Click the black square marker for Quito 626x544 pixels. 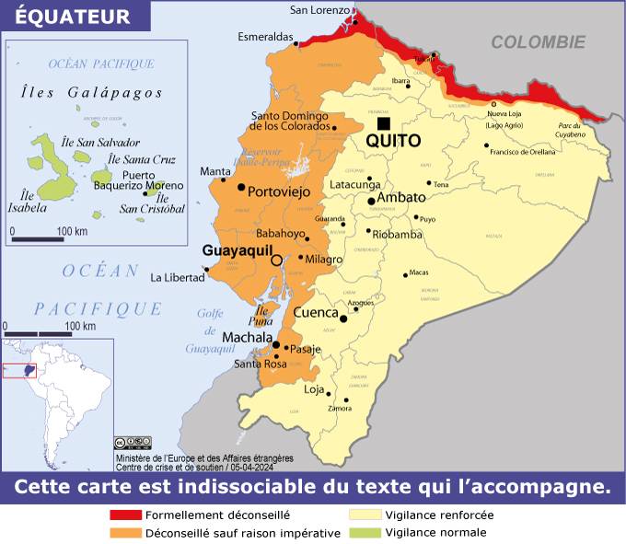[383, 124]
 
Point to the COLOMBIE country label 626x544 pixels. [538, 41]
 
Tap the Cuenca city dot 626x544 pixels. [343, 319]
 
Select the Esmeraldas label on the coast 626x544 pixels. [265, 38]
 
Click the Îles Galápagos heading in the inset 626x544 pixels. [91, 92]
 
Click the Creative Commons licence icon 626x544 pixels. [133, 444]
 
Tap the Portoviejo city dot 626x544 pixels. [241, 187]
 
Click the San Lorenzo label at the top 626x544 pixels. [319, 10]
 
